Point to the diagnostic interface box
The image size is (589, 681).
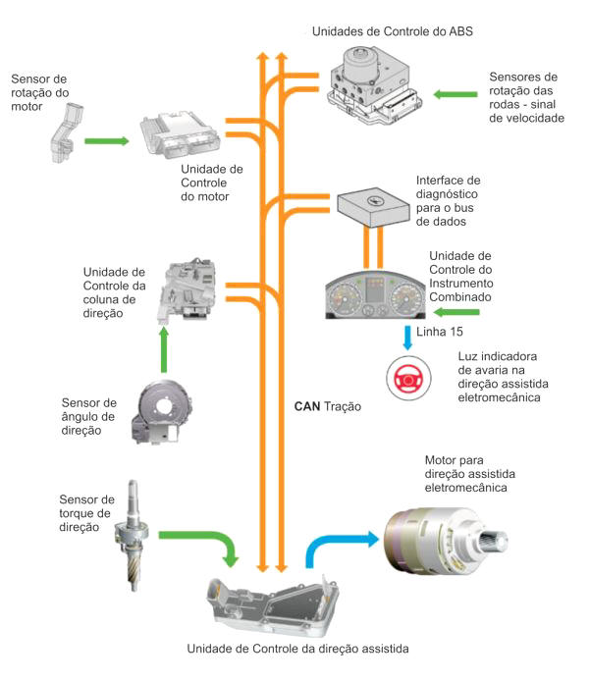[373, 206]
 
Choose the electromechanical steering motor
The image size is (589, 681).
[447, 541]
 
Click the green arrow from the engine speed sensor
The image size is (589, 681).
[107, 141]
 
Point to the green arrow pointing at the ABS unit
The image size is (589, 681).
[459, 94]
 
